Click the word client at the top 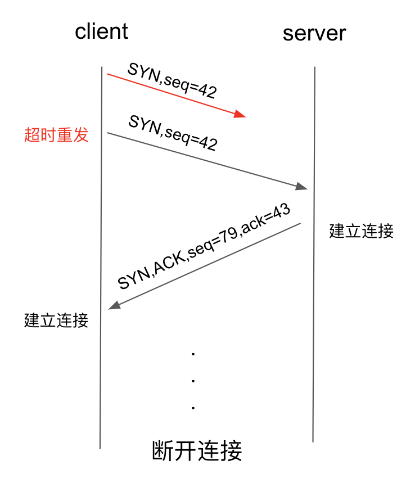101,31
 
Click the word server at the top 314,34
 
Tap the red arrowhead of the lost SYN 240,114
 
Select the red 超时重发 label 56,135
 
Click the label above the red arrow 172,80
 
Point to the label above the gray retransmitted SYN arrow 173,133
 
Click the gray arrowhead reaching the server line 301,186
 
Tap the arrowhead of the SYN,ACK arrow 114,305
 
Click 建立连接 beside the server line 362,231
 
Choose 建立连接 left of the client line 56,320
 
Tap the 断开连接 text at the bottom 197,450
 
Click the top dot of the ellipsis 193,354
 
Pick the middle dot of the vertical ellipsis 193,381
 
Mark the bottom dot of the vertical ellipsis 193,408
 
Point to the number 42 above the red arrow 207,91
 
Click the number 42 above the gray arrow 208,143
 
